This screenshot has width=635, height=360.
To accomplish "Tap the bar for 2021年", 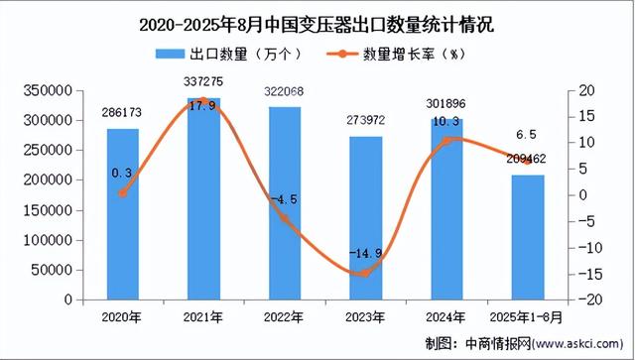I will coord(203,198).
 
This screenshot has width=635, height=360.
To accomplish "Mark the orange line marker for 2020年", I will coord(123,193).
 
